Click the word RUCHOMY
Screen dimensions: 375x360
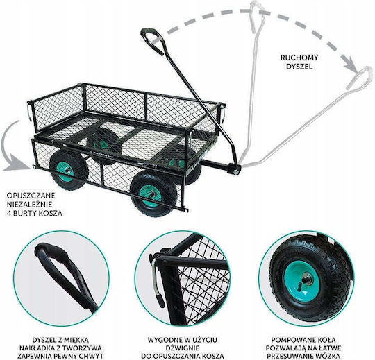[299, 58]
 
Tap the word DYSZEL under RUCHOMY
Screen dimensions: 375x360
[299, 67]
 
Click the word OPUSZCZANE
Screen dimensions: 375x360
[31, 196]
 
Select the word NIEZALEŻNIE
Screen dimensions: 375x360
[29, 204]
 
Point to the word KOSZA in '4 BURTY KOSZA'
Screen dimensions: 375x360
[49, 213]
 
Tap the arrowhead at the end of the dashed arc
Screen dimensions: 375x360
[351, 65]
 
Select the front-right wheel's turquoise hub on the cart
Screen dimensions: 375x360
[151, 196]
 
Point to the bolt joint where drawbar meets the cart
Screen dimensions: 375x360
[235, 171]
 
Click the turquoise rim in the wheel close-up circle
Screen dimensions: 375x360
[301, 281]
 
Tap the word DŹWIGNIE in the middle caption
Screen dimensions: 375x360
[183, 348]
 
